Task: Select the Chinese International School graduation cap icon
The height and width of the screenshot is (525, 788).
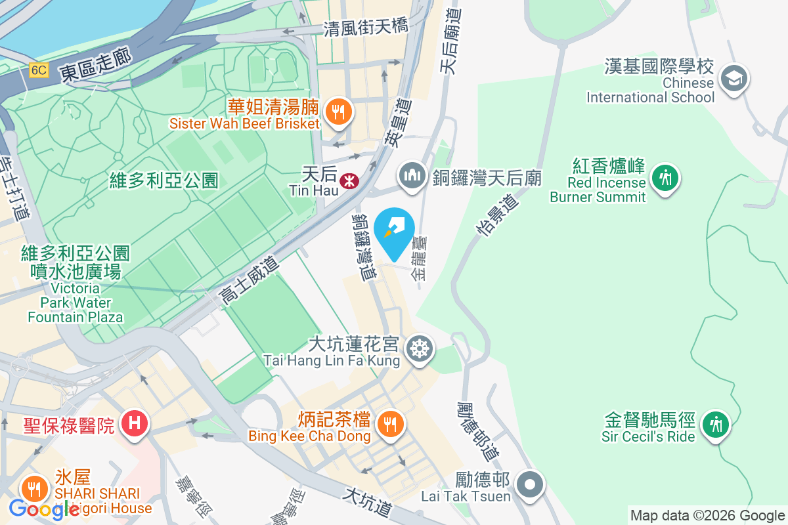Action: (733, 79)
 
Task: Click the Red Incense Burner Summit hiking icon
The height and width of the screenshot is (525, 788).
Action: (665, 178)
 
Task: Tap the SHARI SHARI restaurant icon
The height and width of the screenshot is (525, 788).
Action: (32, 489)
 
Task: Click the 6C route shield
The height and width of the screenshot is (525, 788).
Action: (39, 70)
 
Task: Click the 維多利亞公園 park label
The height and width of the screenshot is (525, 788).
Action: (164, 181)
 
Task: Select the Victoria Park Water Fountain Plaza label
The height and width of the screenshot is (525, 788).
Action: (75, 286)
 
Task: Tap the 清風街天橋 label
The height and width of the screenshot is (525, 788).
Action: (366, 27)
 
